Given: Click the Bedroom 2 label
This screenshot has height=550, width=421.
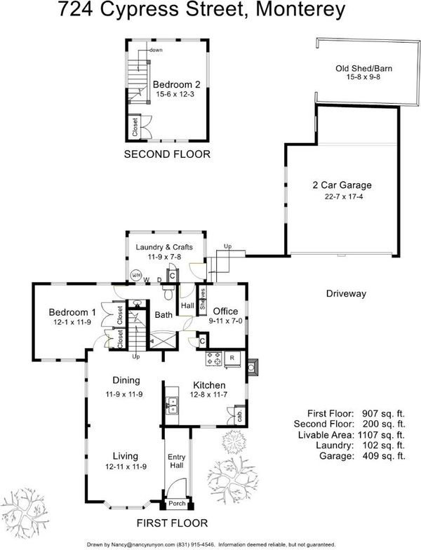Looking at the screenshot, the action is pos(177,84).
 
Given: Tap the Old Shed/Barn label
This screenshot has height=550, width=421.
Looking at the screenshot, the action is pos(363,69).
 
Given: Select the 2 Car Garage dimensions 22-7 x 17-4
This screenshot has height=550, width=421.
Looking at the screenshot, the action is pos(344,196).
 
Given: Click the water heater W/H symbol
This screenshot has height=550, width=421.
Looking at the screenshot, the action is pos(136,275).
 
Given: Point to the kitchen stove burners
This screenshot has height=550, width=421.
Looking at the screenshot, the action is pos(214,358).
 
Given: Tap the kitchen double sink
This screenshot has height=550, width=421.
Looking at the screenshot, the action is pos(173,405).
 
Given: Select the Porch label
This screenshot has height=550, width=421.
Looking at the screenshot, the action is pos(177,504).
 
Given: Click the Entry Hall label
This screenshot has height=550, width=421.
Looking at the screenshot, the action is pos(177,461).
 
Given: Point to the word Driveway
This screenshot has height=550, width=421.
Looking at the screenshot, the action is pos(346,293).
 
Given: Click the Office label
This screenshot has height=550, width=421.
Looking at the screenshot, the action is pos(225,311).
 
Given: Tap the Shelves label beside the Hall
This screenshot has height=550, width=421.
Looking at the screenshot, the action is pos(203,299).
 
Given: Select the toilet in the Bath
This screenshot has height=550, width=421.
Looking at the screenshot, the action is pos(168,292).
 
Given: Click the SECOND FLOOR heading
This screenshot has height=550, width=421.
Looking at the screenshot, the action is pos(167,154).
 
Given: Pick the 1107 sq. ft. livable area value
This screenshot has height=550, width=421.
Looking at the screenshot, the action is pos(382,435).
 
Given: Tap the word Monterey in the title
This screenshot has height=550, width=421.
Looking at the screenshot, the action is pos(300,10).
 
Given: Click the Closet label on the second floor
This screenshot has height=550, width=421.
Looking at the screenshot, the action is pos(135,126).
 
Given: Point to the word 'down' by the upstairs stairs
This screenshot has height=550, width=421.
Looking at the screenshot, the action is pos(156,51).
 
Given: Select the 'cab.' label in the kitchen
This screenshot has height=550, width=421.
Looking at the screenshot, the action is pos(240,417).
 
